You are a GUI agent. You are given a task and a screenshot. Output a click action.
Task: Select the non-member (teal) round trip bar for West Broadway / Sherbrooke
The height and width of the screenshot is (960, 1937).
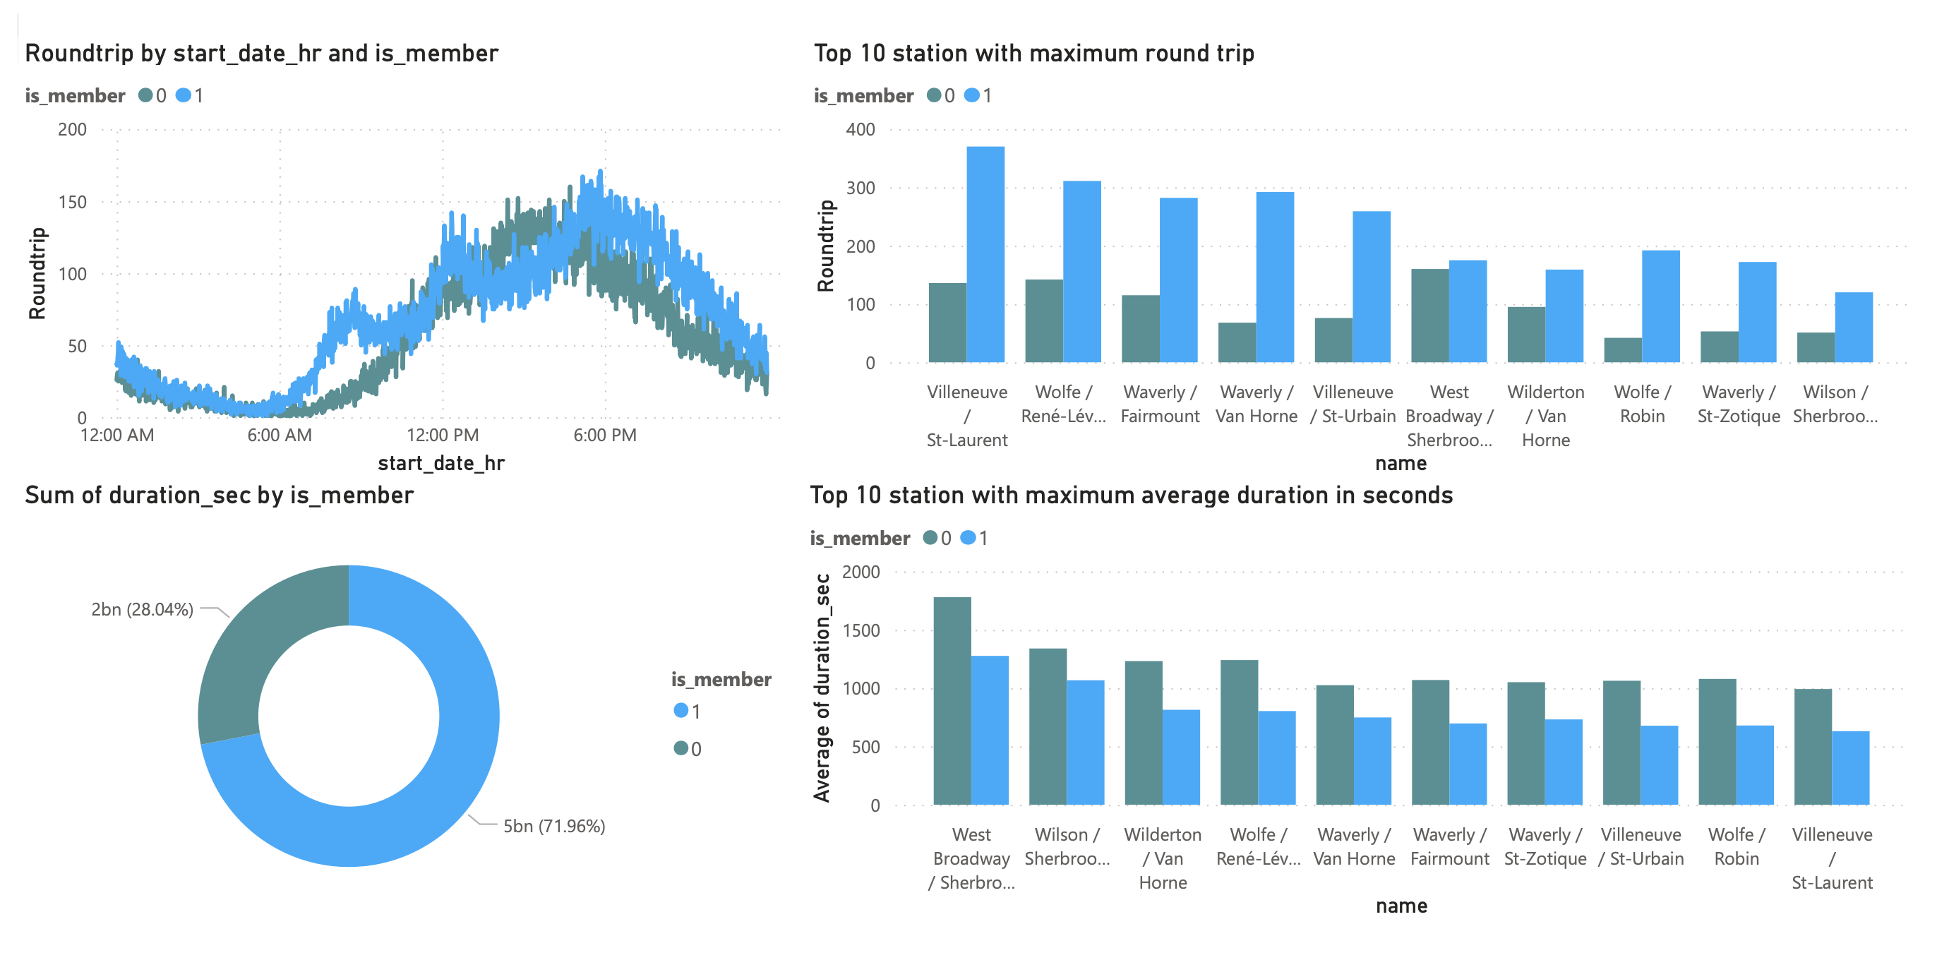pyautogui.click(x=1429, y=316)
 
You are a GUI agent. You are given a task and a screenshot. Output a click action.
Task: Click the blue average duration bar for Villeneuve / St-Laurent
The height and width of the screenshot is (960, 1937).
pyautogui.click(x=1851, y=767)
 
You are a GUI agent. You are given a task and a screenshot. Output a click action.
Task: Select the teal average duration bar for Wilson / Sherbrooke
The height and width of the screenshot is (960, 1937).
pyautogui.click(x=1048, y=726)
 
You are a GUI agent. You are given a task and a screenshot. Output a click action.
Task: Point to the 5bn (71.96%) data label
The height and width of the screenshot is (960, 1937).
pyautogui.click(x=554, y=825)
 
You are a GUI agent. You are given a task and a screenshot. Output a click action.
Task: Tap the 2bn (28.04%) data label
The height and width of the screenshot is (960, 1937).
pyautogui.click(x=142, y=609)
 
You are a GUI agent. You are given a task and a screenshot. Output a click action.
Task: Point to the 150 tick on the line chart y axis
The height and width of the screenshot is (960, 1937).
pyautogui.click(x=72, y=201)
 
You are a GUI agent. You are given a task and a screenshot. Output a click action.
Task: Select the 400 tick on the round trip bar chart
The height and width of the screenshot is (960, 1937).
pyautogui.click(x=860, y=129)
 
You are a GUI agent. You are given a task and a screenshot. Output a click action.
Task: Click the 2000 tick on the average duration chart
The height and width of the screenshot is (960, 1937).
pyautogui.click(x=860, y=572)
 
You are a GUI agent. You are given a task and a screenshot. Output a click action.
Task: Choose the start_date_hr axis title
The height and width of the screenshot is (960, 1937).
pyautogui.click(x=440, y=463)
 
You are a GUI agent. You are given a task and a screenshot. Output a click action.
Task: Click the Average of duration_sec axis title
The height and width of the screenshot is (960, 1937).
pyautogui.click(x=822, y=688)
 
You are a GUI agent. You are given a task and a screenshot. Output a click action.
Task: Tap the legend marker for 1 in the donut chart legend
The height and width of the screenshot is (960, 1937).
pyautogui.click(x=680, y=710)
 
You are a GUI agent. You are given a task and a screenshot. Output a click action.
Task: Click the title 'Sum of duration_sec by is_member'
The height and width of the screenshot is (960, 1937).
pyautogui.click(x=219, y=496)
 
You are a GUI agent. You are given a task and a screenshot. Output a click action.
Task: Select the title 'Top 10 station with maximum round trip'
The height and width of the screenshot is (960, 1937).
pyautogui.click(x=1033, y=54)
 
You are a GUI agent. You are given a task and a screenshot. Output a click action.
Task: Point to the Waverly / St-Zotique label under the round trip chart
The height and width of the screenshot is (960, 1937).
pyautogui.click(x=1738, y=404)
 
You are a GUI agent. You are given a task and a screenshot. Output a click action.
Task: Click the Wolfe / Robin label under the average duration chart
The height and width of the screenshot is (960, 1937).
pyautogui.click(x=1737, y=846)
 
